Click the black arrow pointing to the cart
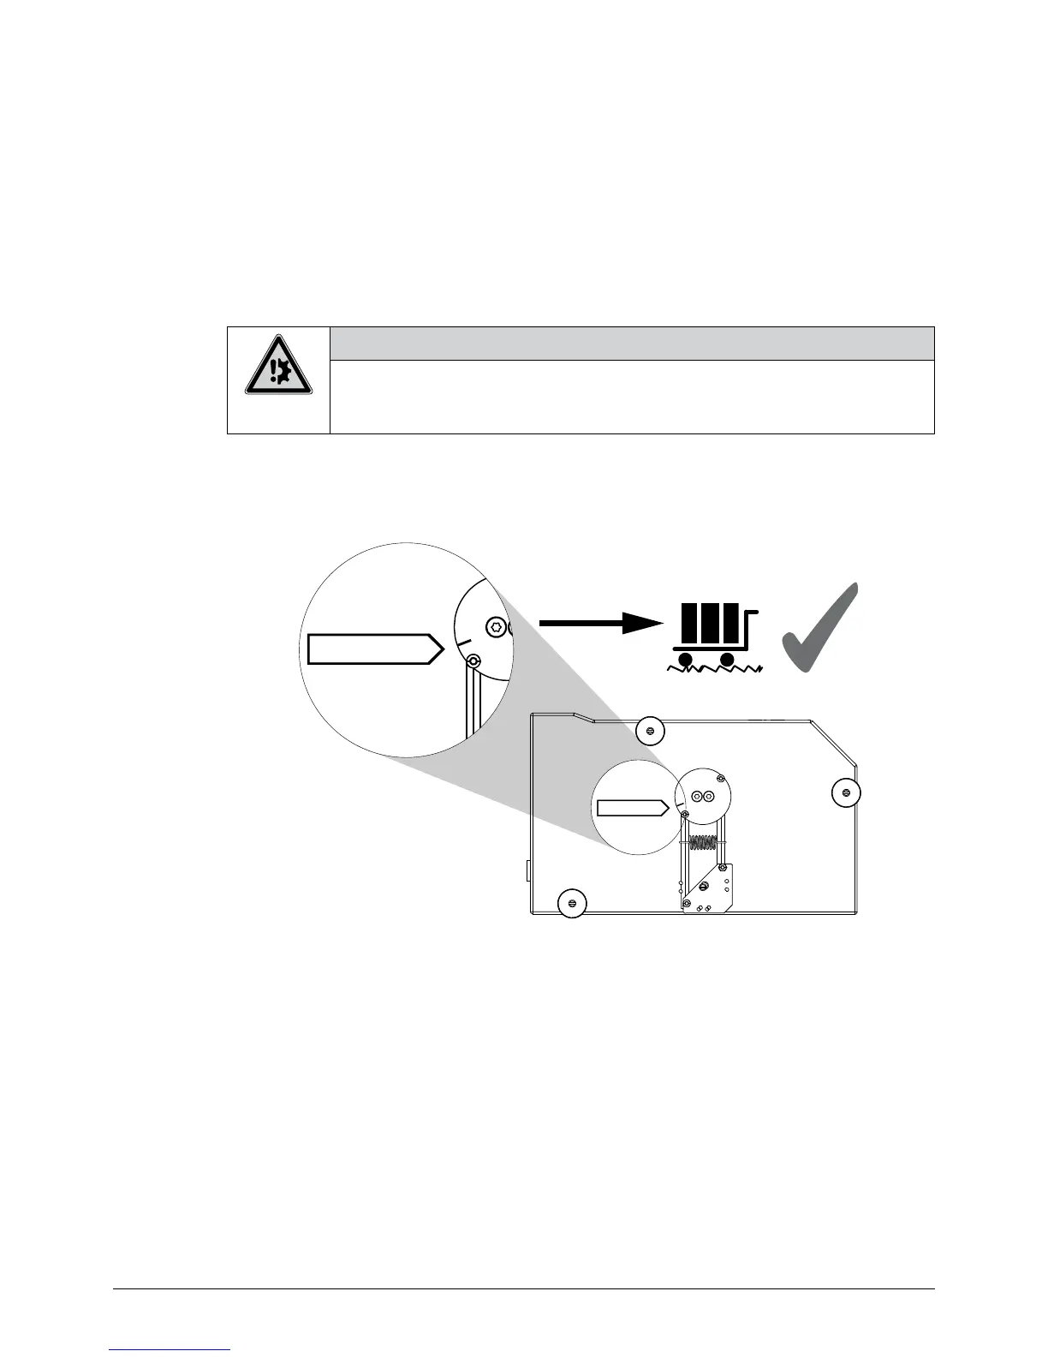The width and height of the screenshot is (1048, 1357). tap(599, 623)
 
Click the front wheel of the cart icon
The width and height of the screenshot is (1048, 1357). tap(728, 660)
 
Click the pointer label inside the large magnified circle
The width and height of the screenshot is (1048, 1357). tap(375, 649)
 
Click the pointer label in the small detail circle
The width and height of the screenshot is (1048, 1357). tap(632, 807)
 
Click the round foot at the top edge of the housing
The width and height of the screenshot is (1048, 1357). tap(651, 731)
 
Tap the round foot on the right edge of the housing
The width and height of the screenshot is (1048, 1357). tap(846, 792)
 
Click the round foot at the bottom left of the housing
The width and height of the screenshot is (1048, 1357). tap(572, 903)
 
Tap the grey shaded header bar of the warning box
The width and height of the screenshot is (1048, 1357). tap(631, 343)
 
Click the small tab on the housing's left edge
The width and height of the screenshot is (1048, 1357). tap(528, 871)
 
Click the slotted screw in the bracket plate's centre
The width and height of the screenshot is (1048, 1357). tap(703, 885)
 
